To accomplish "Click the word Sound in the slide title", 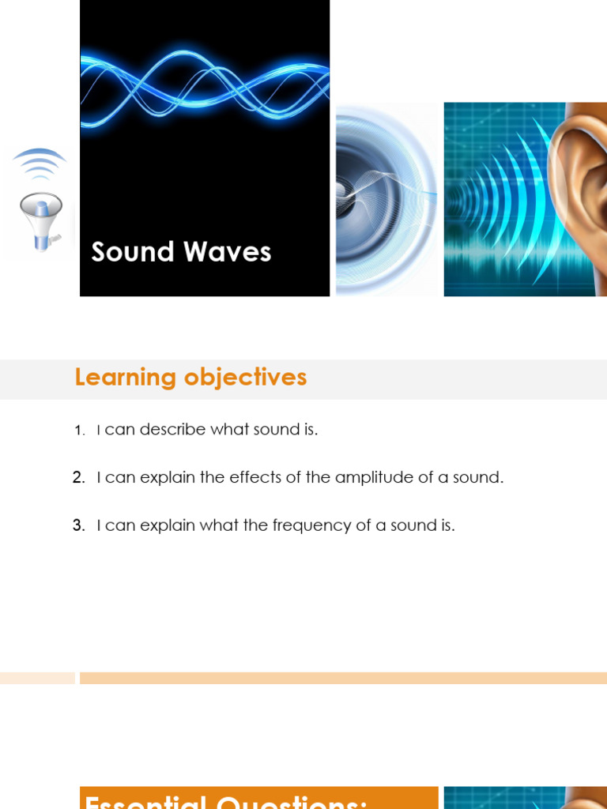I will click(x=132, y=252).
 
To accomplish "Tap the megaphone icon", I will click(x=41, y=220).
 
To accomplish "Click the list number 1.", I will click(x=78, y=431).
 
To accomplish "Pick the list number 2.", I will click(x=78, y=478).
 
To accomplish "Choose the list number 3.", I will click(x=78, y=525).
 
